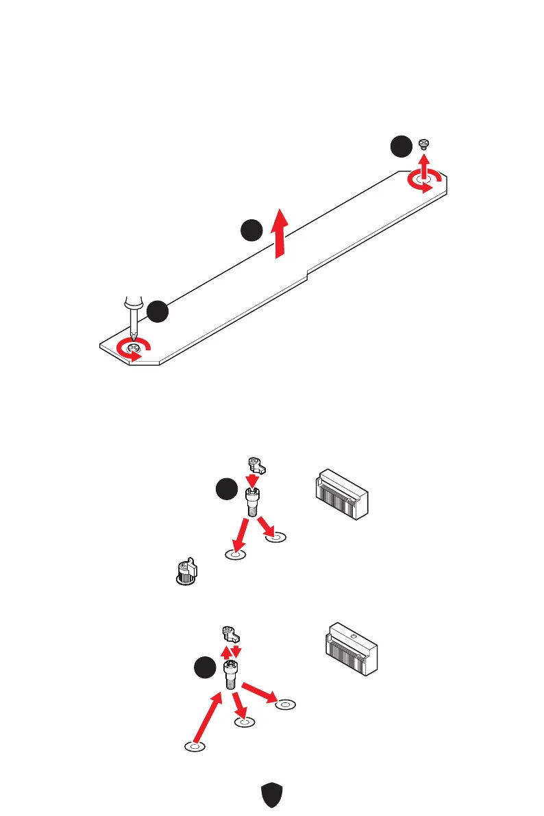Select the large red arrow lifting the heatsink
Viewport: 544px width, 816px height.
[x=279, y=234]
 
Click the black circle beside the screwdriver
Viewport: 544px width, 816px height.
[x=158, y=311]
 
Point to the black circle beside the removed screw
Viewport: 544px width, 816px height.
[x=401, y=147]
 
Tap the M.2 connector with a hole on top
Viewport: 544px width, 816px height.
[x=349, y=647]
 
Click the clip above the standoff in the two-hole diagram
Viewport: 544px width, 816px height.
[x=256, y=465]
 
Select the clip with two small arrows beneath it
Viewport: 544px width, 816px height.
[x=230, y=634]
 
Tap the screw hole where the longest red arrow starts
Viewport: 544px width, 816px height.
[x=195, y=745]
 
